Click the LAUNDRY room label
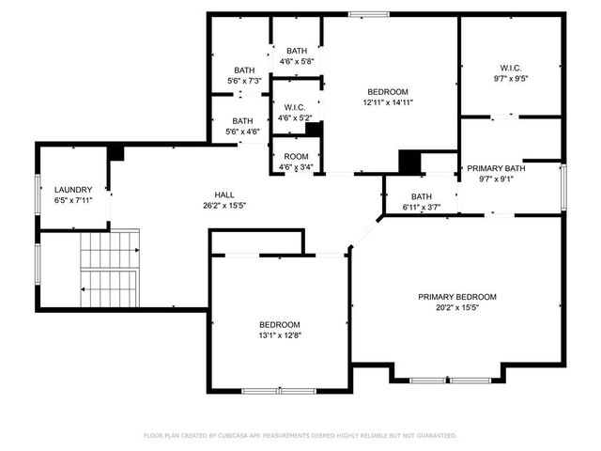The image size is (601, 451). (73, 189)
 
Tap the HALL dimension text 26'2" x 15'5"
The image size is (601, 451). (217, 205)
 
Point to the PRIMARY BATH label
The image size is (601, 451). (502, 168)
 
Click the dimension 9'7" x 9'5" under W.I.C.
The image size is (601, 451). (511, 80)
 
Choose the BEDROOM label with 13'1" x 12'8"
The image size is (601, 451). (280, 324)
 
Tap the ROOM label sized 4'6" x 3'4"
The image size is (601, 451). (297, 157)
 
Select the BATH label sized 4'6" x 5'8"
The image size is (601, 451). (297, 51)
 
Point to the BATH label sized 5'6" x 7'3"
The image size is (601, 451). (244, 70)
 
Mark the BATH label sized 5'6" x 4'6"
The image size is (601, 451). (243, 120)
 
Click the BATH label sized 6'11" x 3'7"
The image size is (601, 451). (421, 196)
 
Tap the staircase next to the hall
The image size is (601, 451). (109, 271)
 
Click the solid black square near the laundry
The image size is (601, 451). (116, 152)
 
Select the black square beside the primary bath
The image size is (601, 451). (410, 162)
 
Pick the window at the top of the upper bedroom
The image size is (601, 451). (362, 13)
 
